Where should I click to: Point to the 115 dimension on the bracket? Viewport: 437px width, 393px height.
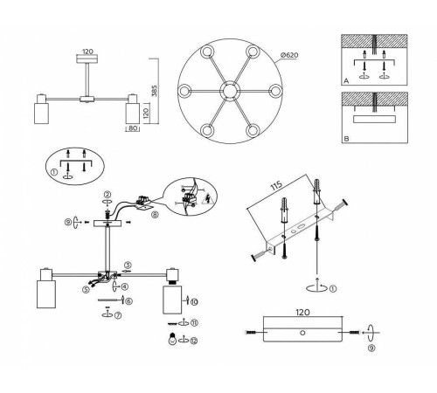[x=276, y=190]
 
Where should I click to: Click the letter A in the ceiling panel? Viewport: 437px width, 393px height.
[x=348, y=79]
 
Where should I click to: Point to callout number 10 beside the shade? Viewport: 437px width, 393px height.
[x=194, y=300]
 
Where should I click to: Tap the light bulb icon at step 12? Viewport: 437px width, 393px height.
[x=172, y=339]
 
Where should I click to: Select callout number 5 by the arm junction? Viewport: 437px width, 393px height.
[x=87, y=288]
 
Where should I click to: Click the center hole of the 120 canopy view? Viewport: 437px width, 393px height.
[x=299, y=333]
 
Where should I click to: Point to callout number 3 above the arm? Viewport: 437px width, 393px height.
[x=128, y=265]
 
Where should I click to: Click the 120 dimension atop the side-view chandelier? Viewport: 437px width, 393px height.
[x=87, y=52]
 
